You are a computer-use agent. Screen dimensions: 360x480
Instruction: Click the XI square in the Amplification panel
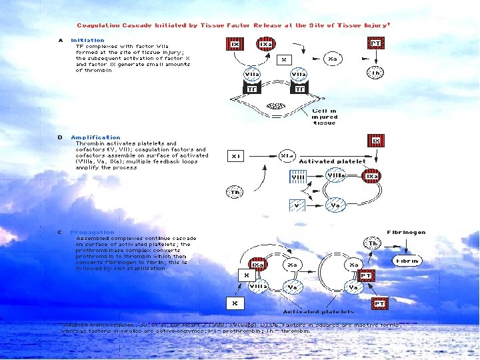pyautogui.click(x=235, y=155)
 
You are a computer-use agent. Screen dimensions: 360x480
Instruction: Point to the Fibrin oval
pyautogui.click(x=407, y=261)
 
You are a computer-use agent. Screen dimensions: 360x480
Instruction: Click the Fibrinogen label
pyautogui.click(x=406, y=232)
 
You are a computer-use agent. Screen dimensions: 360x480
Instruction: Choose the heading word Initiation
pyautogui.click(x=87, y=40)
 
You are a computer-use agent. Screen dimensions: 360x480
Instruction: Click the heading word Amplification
pyautogui.click(x=95, y=137)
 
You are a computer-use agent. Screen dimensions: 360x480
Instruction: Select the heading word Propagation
pyautogui.click(x=92, y=232)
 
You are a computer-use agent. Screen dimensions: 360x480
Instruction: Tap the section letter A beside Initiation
pyautogui.click(x=60, y=40)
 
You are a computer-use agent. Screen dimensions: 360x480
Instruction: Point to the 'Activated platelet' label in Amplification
pyautogui.click(x=332, y=161)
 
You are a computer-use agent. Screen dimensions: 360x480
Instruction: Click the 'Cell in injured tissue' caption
pyautogui.click(x=325, y=117)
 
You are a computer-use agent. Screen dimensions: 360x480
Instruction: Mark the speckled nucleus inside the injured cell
pyautogui.click(x=275, y=105)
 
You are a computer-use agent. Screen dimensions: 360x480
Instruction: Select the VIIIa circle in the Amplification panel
pyautogui.click(x=336, y=176)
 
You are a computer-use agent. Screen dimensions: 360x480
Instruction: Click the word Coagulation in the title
pyautogui.click(x=99, y=25)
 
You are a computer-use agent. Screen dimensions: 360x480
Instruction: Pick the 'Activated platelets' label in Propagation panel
pyautogui.click(x=309, y=311)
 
